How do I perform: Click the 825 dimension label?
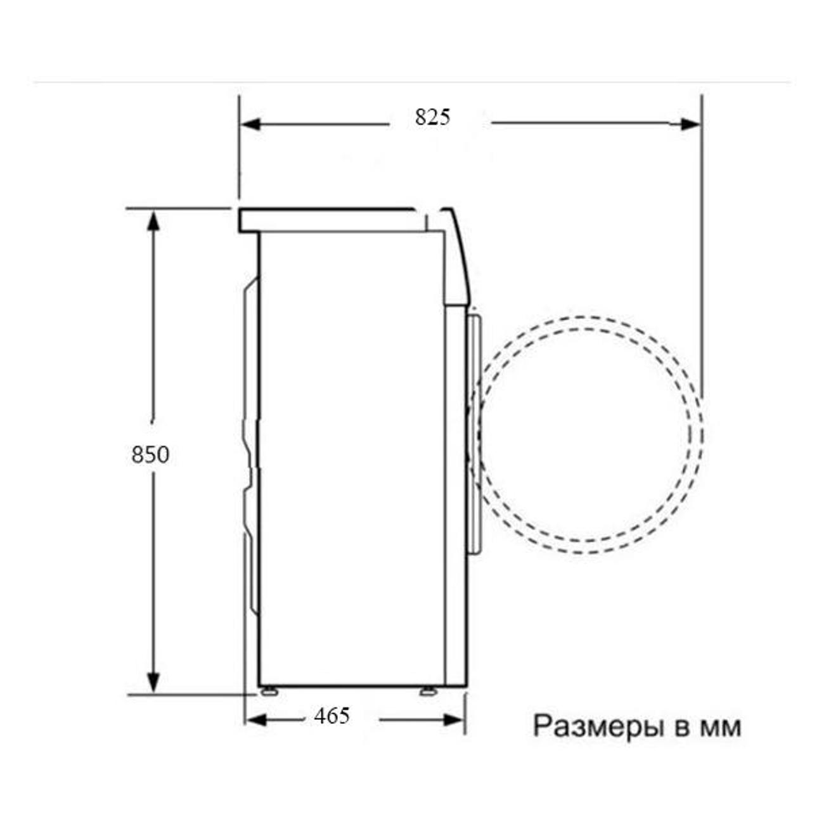pos(432,117)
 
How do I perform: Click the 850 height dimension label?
pos(150,454)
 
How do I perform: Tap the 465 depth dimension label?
pos(332,716)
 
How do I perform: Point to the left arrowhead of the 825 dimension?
pos(250,124)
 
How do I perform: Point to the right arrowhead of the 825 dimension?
pos(689,124)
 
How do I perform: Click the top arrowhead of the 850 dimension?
pos(153,219)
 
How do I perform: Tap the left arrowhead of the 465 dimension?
pos(257,720)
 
